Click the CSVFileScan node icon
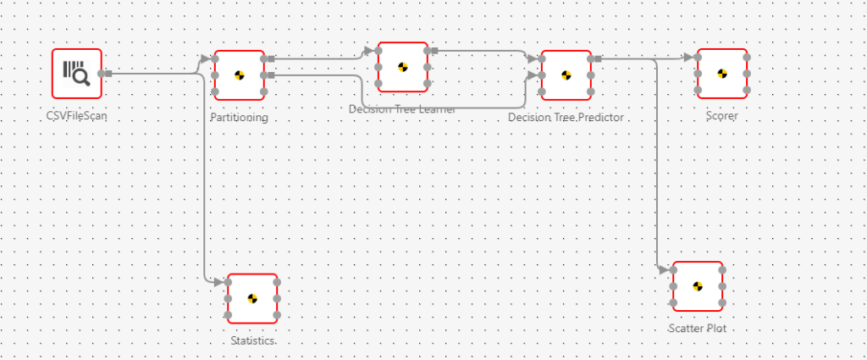tap(77, 73)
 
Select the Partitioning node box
tap(240, 75)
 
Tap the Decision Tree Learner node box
tap(402, 67)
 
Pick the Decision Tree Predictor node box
tap(566, 75)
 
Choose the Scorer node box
tap(722, 74)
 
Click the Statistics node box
tap(252, 299)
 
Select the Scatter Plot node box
tap(698, 286)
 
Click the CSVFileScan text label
tap(77, 117)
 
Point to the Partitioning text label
tap(240, 117)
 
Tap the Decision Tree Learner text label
tap(402, 109)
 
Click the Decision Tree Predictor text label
tap(566, 117)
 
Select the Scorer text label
tap(722, 116)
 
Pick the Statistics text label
tap(252, 341)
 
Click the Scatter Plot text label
tap(698, 329)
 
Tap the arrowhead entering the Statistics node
tap(219, 282)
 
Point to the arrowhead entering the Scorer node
tap(688, 57)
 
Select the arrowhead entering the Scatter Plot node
tap(664, 270)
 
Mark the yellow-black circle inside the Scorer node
tap(722, 74)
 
